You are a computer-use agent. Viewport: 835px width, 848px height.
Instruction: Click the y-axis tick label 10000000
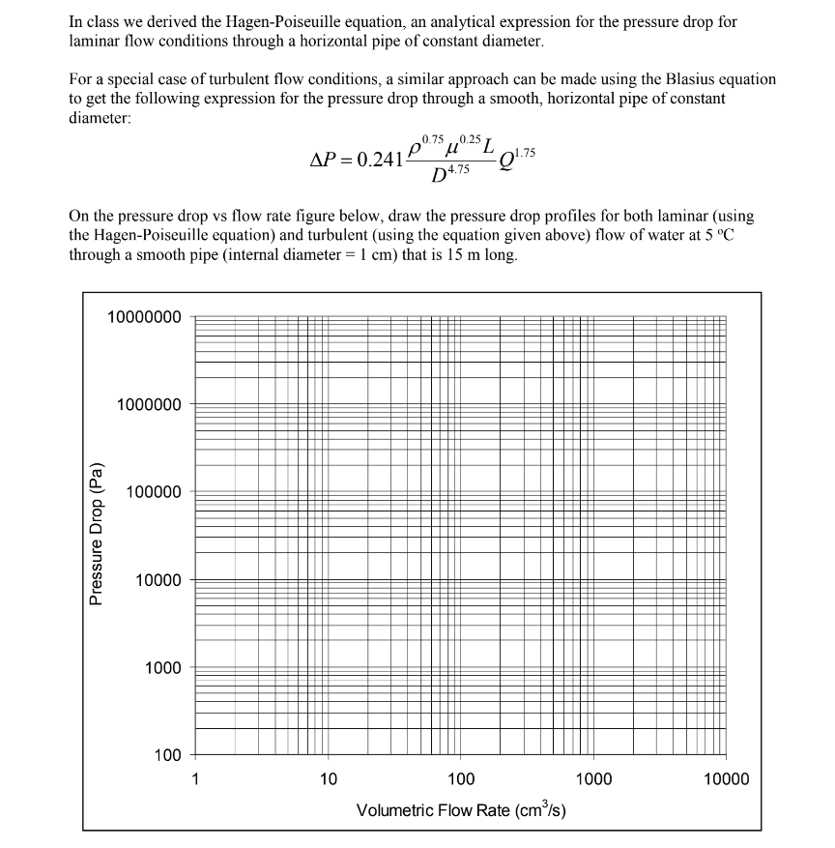pyautogui.click(x=144, y=316)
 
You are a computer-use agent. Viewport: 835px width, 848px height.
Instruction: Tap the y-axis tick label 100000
pyautogui.click(x=152, y=492)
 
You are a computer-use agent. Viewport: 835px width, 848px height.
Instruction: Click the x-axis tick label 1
pyautogui.click(x=194, y=779)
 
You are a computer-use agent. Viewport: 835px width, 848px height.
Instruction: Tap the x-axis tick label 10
pyautogui.click(x=328, y=779)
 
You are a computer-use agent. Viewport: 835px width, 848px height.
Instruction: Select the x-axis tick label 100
pyautogui.click(x=460, y=779)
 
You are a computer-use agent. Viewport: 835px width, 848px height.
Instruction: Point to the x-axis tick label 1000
pyautogui.click(x=593, y=779)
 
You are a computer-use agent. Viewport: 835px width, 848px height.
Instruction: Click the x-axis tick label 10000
pyautogui.click(x=726, y=779)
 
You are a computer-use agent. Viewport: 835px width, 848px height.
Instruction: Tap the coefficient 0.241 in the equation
pyautogui.click(x=380, y=160)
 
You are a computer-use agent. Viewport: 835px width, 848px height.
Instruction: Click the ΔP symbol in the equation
pyautogui.click(x=326, y=160)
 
